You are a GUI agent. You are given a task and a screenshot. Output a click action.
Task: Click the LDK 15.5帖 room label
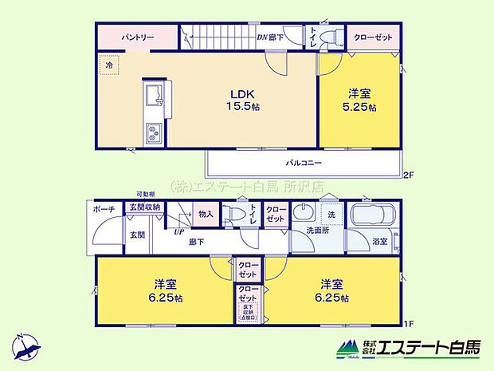[x=238, y=101]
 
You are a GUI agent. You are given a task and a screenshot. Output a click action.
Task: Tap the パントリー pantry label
[x=137, y=37]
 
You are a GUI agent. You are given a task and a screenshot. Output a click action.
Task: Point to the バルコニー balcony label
[x=304, y=163]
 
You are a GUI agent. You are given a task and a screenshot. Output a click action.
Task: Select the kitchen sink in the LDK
[x=153, y=97]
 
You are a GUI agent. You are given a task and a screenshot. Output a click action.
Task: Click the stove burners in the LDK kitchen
[x=153, y=132]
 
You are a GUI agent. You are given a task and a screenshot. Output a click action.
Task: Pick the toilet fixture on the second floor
[x=334, y=36]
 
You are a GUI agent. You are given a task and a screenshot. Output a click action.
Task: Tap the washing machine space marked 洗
[x=331, y=215]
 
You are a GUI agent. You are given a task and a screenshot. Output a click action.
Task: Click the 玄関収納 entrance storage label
[x=144, y=207]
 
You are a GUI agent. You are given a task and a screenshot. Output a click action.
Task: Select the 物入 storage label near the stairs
[x=206, y=213]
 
